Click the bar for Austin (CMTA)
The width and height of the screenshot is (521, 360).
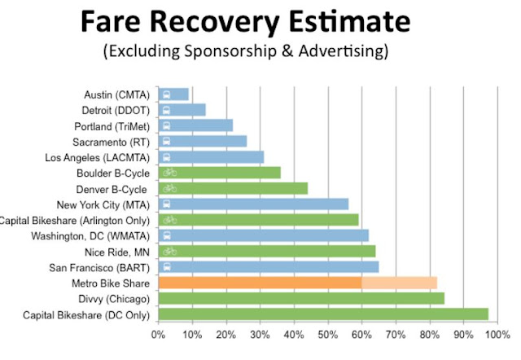173,94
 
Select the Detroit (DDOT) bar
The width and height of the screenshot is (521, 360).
182,110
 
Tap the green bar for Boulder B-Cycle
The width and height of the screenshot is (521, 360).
220,173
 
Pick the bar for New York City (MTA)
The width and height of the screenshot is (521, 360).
253,204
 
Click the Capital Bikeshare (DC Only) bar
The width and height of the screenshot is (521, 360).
323,314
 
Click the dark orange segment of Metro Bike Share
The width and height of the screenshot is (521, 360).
260,283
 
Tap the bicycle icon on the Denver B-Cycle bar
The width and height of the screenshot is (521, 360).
169,188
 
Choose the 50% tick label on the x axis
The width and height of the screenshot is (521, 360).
326,333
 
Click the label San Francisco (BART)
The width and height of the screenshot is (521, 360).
104,266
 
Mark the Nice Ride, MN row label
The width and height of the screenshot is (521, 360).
120,251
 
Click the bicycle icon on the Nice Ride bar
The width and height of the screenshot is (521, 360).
169,251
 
